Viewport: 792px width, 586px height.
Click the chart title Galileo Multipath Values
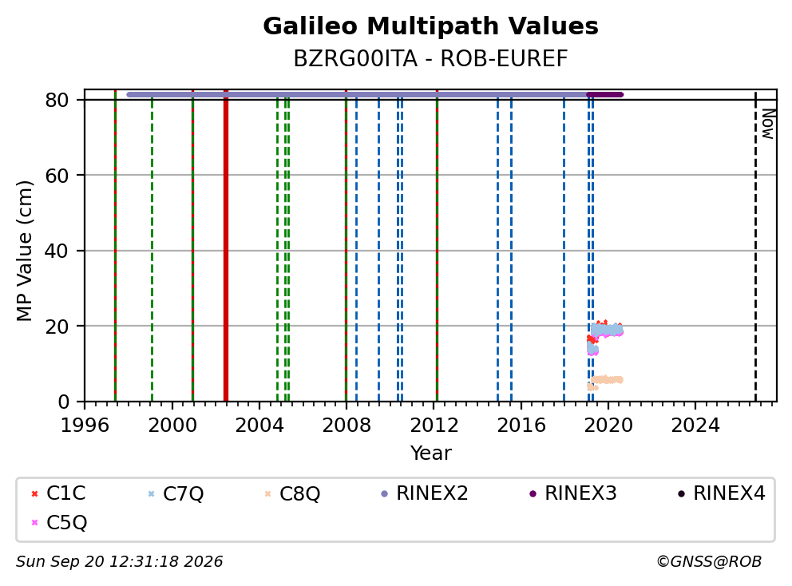coord(430,26)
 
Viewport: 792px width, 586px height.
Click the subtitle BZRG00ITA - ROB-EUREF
coord(430,59)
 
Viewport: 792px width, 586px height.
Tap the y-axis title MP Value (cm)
coord(24,251)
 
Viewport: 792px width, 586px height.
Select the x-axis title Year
coord(430,453)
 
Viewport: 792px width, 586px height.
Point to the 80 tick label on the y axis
coord(57,100)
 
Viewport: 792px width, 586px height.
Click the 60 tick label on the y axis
coord(57,176)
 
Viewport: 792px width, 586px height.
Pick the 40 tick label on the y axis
coord(57,251)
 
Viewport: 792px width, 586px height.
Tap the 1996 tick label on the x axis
coord(85,426)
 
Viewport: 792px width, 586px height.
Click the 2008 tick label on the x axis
coord(346,426)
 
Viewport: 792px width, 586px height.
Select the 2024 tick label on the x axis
coord(695,426)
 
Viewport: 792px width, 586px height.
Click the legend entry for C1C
coord(58,493)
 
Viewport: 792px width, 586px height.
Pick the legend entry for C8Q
coord(292,493)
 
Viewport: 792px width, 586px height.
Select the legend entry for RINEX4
coord(722,493)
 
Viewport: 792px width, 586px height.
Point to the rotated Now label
coord(768,124)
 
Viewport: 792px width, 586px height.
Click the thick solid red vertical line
coord(226,246)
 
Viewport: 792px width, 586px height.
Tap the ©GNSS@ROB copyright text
coord(709,561)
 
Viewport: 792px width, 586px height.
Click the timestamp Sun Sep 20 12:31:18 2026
coord(119,561)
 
